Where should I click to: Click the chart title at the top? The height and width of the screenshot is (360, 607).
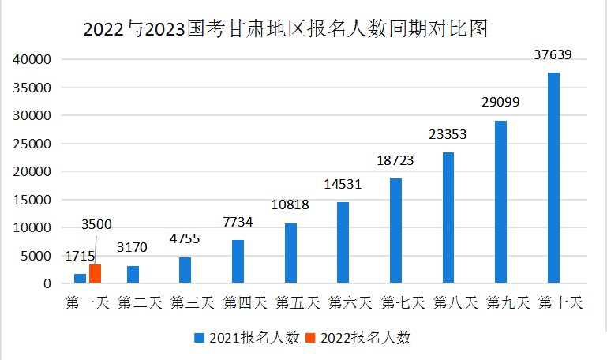[x=286, y=29]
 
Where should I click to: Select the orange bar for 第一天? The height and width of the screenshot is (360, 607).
[x=95, y=273]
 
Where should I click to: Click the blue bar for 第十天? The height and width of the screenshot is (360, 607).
[x=553, y=178]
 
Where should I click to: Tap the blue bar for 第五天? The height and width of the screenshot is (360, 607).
[x=290, y=253]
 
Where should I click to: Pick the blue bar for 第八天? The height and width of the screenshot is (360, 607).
[x=448, y=217]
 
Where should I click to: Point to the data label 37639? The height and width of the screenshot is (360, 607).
[x=553, y=54]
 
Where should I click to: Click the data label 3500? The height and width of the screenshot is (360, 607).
[x=96, y=226]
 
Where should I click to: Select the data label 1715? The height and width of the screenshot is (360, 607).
[x=80, y=256]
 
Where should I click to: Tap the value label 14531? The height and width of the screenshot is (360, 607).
[x=343, y=184]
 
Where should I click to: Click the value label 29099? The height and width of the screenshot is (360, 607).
[x=500, y=103]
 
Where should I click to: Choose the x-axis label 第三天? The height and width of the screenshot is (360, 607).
[x=192, y=302]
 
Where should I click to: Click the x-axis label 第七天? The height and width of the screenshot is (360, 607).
[x=403, y=302]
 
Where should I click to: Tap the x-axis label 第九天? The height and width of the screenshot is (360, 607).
[x=508, y=302]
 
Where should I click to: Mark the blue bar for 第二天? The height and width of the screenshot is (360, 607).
[x=133, y=275]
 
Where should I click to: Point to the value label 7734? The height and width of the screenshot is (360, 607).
[x=238, y=222]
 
